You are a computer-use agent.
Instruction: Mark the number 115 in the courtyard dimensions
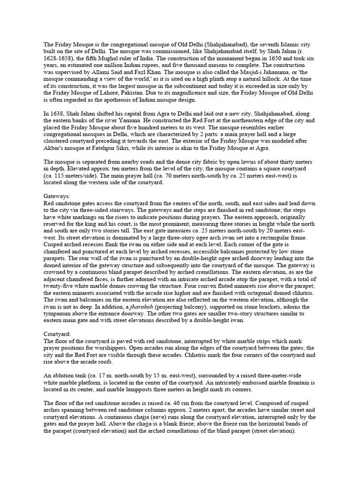(58, 176)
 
